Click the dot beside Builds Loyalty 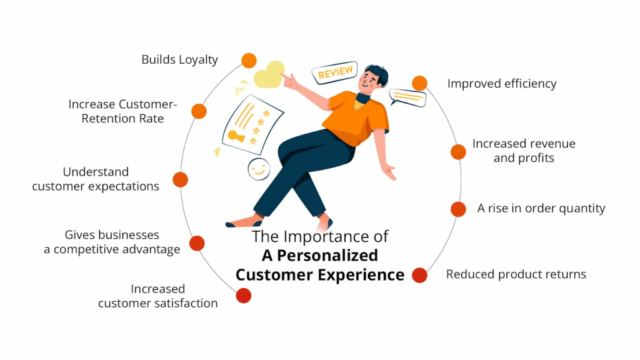click(249, 61)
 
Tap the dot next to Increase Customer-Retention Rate click(199, 111)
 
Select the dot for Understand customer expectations click(180, 179)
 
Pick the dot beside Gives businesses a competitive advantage click(197, 243)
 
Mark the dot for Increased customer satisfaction click(243, 296)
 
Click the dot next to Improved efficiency click(419, 83)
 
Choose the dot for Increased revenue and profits click(458, 152)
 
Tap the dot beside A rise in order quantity click(458, 209)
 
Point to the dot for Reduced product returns click(419, 275)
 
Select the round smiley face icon click(257, 169)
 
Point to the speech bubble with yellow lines click(407, 97)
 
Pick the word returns click(564, 274)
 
